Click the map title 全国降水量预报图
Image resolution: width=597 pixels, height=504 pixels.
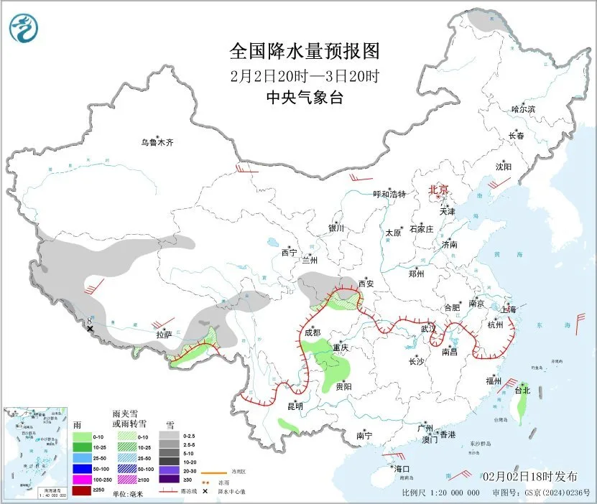304,51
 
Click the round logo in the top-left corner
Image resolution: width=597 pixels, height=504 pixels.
24,29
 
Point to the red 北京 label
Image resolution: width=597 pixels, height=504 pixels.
438,190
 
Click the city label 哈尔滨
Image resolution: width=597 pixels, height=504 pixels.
523,109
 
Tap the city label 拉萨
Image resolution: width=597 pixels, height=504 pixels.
164,334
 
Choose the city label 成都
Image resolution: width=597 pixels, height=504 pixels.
313,332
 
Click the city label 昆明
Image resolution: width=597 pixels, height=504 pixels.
295,406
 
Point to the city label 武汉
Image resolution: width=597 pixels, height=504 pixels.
428,328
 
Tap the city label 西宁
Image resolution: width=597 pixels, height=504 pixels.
289,252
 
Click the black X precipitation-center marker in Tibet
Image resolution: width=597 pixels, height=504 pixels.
91,329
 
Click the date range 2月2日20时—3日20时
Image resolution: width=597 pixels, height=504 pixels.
304,75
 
